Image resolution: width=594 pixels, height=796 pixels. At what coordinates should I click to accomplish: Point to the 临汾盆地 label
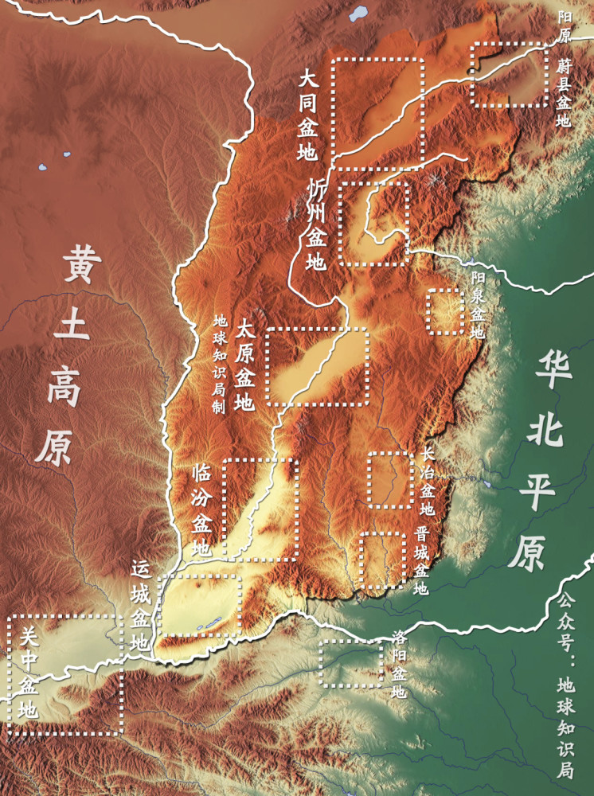(202, 509)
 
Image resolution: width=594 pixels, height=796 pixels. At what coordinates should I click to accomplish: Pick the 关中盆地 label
(28, 673)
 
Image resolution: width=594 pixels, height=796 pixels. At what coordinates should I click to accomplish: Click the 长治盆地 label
(428, 482)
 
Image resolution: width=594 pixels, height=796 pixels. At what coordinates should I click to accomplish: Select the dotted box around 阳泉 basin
(446, 312)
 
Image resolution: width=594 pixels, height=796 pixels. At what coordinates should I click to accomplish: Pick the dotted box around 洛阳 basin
(350, 663)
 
